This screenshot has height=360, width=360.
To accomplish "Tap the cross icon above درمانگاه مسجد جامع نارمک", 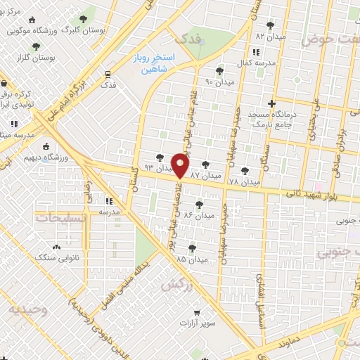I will pyautogui.click(x=281, y=104).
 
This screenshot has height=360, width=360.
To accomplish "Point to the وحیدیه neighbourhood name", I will pyautogui.click(x=28, y=309).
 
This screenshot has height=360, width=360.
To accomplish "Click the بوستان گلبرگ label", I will pyautogui.click(x=84, y=31).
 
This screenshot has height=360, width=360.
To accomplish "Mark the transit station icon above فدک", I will pyautogui.click(x=108, y=73).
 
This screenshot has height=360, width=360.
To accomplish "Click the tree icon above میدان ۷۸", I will pyautogui.click(x=245, y=171).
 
